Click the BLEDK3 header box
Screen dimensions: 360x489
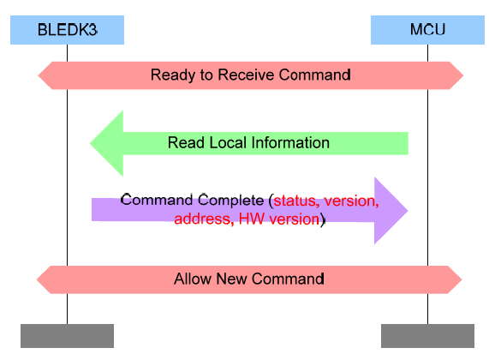(x=67, y=30)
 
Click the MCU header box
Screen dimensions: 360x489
(x=427, y=30)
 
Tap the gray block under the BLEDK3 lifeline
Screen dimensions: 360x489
(x=67, y=335)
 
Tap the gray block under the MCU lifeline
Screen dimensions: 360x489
(x=427, y=335)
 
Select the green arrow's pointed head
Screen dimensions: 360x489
(x=106, y=143)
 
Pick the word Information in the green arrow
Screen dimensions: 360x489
(x=289, y=143)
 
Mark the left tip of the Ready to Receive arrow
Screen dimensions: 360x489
(x=39, y=75)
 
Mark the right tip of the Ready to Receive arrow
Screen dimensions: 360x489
(x=463, y=75)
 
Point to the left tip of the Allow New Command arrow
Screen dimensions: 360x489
(x=39, y=279)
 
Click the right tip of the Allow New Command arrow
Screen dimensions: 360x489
(x=462, y=279)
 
